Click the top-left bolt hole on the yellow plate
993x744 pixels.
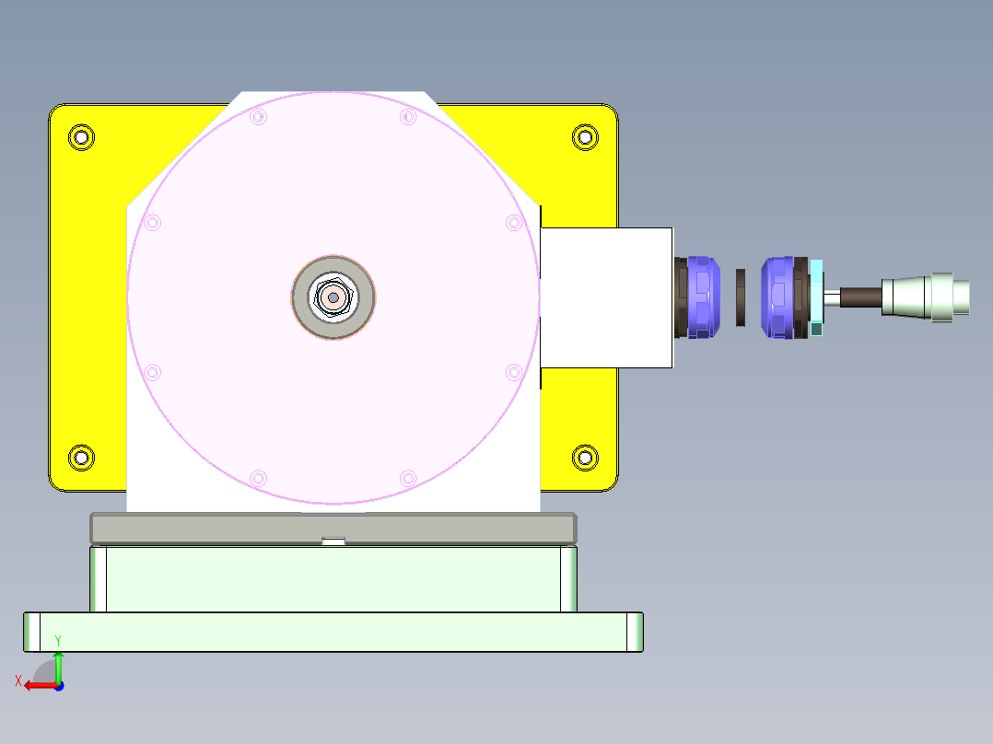click(82, 138)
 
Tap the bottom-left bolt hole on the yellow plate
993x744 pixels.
click(82, 457)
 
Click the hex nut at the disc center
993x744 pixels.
click(333, 297)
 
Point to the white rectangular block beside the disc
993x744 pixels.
click(605, 297)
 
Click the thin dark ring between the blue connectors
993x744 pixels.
click(741, 296)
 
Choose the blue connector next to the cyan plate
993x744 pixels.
click(779, 296)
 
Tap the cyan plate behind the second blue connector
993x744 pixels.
click(817, 296)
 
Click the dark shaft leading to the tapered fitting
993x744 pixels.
click(859, 296)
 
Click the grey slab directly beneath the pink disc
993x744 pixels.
click(333, 527)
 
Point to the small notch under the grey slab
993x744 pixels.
click(333, 541)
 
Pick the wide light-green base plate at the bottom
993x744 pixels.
click(333, 632)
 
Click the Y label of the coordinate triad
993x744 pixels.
click(58, 640)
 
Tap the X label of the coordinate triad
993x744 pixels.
click(18, 680)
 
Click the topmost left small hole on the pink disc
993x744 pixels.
click(258, 117)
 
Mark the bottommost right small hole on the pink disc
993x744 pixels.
click(408, 478)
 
